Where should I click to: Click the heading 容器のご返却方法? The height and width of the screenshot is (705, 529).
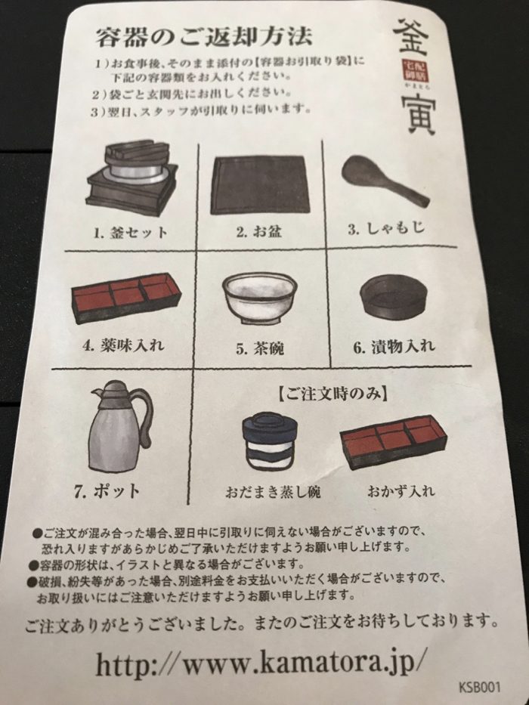[204, 36]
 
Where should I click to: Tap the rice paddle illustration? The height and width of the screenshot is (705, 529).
[385, 179]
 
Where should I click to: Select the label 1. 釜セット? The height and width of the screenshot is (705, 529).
[131, 233]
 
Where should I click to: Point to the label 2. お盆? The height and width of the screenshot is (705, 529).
[258, 231]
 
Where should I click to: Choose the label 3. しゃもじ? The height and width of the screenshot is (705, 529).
[385, 227]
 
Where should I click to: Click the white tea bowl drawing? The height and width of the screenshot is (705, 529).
[259, 297]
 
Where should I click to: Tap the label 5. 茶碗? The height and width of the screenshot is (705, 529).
[259, 348]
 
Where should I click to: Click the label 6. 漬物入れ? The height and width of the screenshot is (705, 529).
[394, 346]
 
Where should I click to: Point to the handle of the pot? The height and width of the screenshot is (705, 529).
[143, 411]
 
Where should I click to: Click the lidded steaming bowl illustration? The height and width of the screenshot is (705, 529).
[270, 441]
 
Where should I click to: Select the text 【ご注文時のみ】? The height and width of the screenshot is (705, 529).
[332, 394]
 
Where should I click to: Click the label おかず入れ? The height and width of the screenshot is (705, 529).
[401, 490]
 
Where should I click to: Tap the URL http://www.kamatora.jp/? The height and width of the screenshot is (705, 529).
[260, 662]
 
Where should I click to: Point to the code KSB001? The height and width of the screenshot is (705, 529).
[480, 687]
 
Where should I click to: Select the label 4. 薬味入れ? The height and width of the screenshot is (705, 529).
[124, 345]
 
